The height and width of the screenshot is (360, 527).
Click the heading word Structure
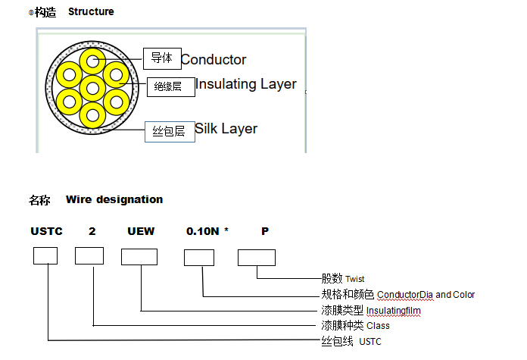coord(91,11)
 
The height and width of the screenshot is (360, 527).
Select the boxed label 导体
coord(161,58)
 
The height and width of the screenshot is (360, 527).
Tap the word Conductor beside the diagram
coord(214,60)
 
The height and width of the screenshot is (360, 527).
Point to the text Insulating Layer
coord(246,84)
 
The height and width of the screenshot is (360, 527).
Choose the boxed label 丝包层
coord(169,132)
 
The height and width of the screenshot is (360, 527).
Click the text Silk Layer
coord(226,129)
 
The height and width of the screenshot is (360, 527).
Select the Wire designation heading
coord(114,199)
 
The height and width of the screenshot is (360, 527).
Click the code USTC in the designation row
coord(46,231)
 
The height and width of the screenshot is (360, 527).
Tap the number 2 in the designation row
coord(92,231)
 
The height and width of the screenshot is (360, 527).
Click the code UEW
coord(140,231)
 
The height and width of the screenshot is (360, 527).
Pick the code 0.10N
coord(202,231)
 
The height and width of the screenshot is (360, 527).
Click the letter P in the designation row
coord(265,231)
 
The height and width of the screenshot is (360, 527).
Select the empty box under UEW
coord(139,258)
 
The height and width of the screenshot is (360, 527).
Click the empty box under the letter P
coord(256,258)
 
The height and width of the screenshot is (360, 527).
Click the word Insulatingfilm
coord(393,310)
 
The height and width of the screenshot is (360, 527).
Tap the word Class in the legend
coord(378,326)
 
